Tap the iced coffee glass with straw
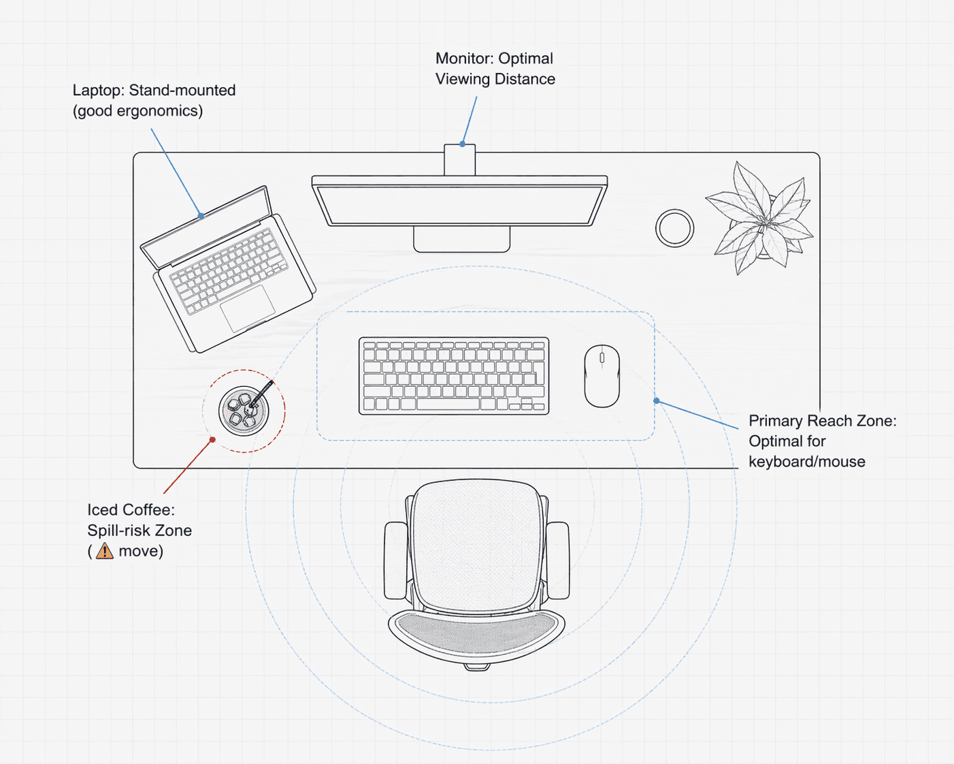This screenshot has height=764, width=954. coord(244,411)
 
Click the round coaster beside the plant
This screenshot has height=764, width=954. coord(674,228)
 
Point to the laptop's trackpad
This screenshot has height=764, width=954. coord(248,308)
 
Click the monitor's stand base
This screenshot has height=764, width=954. coord(461,239)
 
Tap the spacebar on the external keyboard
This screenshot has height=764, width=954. coord(448,404)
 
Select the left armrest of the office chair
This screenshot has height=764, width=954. coord(396,560)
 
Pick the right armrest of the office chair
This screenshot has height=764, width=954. coord(558,560)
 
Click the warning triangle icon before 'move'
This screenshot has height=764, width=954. coord(105,551)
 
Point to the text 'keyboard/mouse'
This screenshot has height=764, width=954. coord(806,462)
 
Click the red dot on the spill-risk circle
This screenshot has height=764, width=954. coord(213,440)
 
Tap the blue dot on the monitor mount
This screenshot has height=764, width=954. coord(463,144)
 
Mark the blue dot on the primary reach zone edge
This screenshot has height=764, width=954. coord(656,401)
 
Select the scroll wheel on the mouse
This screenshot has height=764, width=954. coord(602,357)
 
